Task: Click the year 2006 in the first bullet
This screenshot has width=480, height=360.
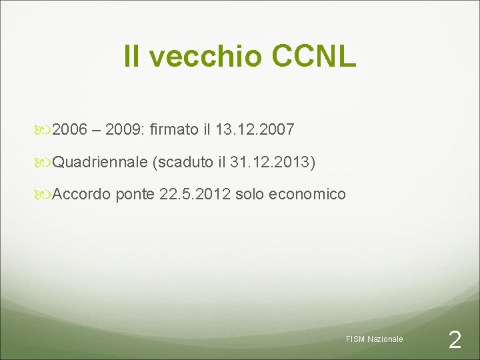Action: [x=69, y=130]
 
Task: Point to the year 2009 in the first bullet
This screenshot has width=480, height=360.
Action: [x=123, y=130]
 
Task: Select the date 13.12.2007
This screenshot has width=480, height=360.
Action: [x=255, y=130]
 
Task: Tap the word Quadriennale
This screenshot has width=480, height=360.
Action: [x=99, y=162]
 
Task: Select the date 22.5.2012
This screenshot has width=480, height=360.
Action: [x=194, y=194]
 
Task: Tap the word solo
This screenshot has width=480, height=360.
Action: [x=250, y=194]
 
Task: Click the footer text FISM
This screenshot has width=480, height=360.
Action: [x=355, y=339]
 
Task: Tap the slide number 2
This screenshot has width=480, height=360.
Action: [x=455, y=341]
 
